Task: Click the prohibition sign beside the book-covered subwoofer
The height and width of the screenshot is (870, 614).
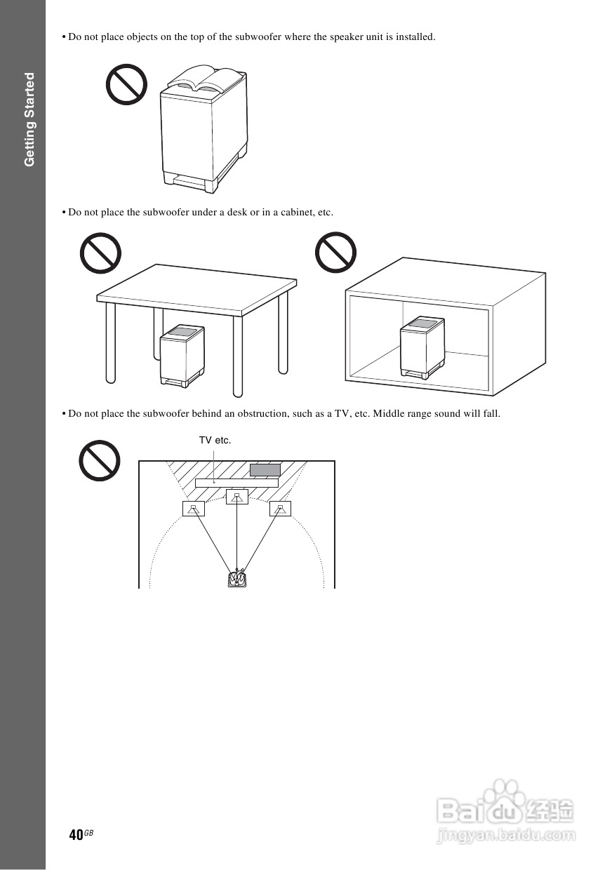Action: (x=126, y=85)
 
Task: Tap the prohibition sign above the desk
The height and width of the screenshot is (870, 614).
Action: (x=100, y=253)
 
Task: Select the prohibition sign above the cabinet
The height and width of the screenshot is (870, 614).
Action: (x=336, y=253)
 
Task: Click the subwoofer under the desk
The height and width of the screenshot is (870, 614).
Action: (x=182, y=355)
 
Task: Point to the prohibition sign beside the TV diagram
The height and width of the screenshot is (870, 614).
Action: (x=99, y=460)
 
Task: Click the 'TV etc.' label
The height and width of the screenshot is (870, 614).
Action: (x=215, y=441)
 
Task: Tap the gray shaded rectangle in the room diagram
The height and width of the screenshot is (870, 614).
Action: (x=265, y=470)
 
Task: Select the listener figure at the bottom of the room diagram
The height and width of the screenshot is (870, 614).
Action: (x=237, y=579)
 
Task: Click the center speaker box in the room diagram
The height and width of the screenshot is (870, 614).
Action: (x=237, y=497)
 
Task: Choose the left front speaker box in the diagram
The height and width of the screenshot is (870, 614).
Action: (x=194, y=509)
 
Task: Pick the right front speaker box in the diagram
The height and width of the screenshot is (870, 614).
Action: (x=280, y=509)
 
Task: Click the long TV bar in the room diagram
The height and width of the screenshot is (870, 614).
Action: (x=236, y=483)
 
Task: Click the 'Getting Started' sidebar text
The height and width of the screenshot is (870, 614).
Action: (x=29, y=119)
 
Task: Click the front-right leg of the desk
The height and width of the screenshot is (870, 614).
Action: (x=239, y=354)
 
